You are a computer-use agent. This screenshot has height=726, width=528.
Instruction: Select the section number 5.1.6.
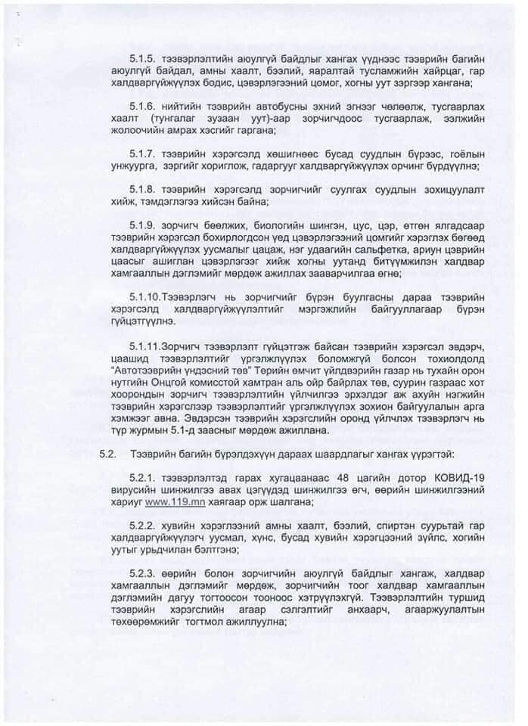coord(143,107)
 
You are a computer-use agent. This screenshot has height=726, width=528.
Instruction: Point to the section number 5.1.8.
coord(143,189)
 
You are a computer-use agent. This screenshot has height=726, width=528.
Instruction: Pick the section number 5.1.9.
coord(143,225)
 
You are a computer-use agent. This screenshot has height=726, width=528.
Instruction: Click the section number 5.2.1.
coord(143,477)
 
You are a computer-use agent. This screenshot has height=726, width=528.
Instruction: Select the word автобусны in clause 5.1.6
coord(264,107)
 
